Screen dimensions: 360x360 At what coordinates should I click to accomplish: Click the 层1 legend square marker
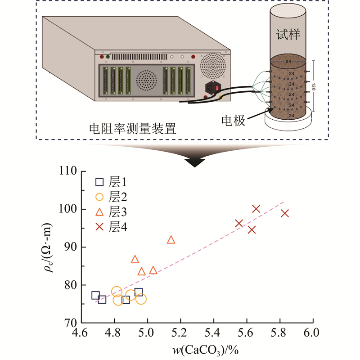[x=99, y=182]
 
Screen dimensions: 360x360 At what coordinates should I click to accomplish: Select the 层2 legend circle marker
[x=99, y=197]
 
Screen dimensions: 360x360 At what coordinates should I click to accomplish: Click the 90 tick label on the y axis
[x=70, y=247]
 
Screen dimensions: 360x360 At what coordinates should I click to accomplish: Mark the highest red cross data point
[x=256, y=209]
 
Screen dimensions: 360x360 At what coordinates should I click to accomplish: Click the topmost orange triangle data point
[x=171, y=239]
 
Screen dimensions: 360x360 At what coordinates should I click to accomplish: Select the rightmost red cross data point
[x=284, y=213]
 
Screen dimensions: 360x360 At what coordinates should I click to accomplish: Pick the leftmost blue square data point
[x=95, y=295]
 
